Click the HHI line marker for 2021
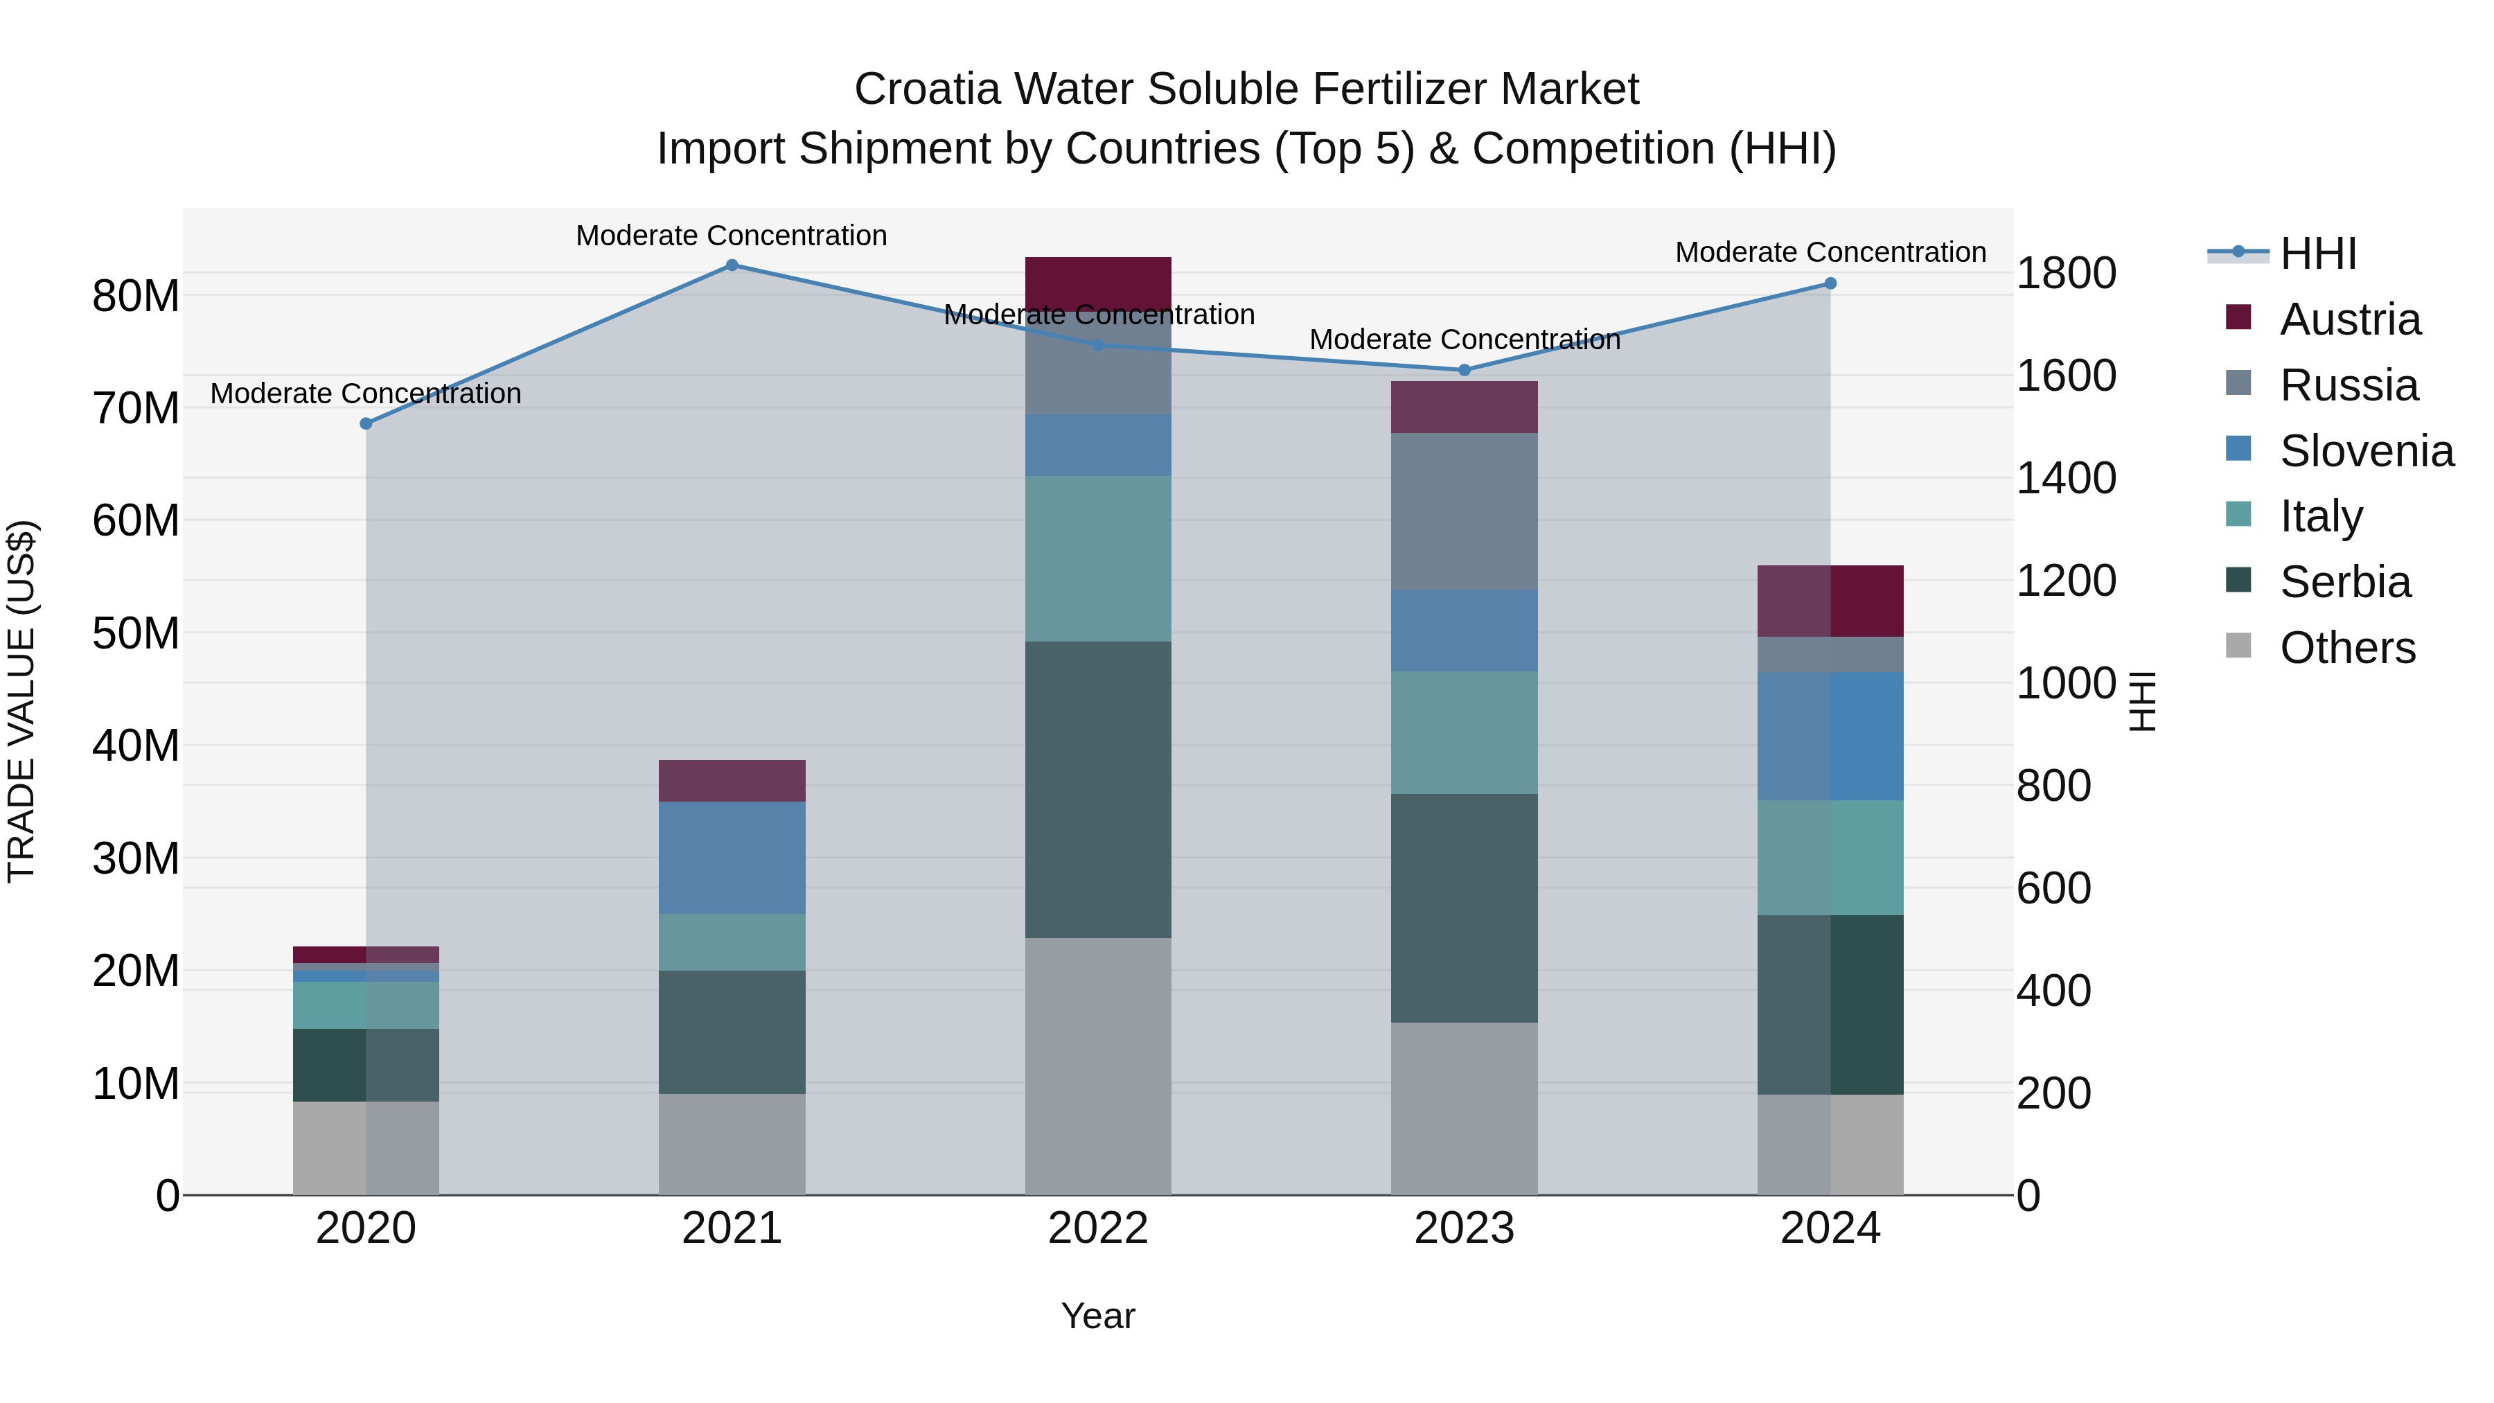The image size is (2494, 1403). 732,265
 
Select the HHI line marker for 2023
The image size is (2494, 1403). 1464,370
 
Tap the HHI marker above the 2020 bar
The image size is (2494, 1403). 366,424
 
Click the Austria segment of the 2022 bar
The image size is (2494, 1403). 1098,283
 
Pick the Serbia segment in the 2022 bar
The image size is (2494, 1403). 1098,789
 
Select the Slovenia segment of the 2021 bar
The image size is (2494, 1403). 732,857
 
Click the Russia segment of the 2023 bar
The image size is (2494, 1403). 1464,511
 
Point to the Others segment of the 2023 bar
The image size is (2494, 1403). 1464,1108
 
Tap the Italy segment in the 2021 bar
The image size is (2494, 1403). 732,942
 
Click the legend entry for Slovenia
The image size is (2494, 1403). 2367,451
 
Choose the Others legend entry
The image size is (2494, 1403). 2347,648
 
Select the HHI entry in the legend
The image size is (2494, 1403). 2318,254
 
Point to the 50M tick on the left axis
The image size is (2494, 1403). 136,633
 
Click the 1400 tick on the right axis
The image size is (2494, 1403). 2065,478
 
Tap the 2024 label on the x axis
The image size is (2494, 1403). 1830,1228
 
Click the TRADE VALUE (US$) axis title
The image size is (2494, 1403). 22,701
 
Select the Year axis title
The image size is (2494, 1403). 1098,1316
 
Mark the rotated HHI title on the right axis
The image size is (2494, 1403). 2143,701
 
